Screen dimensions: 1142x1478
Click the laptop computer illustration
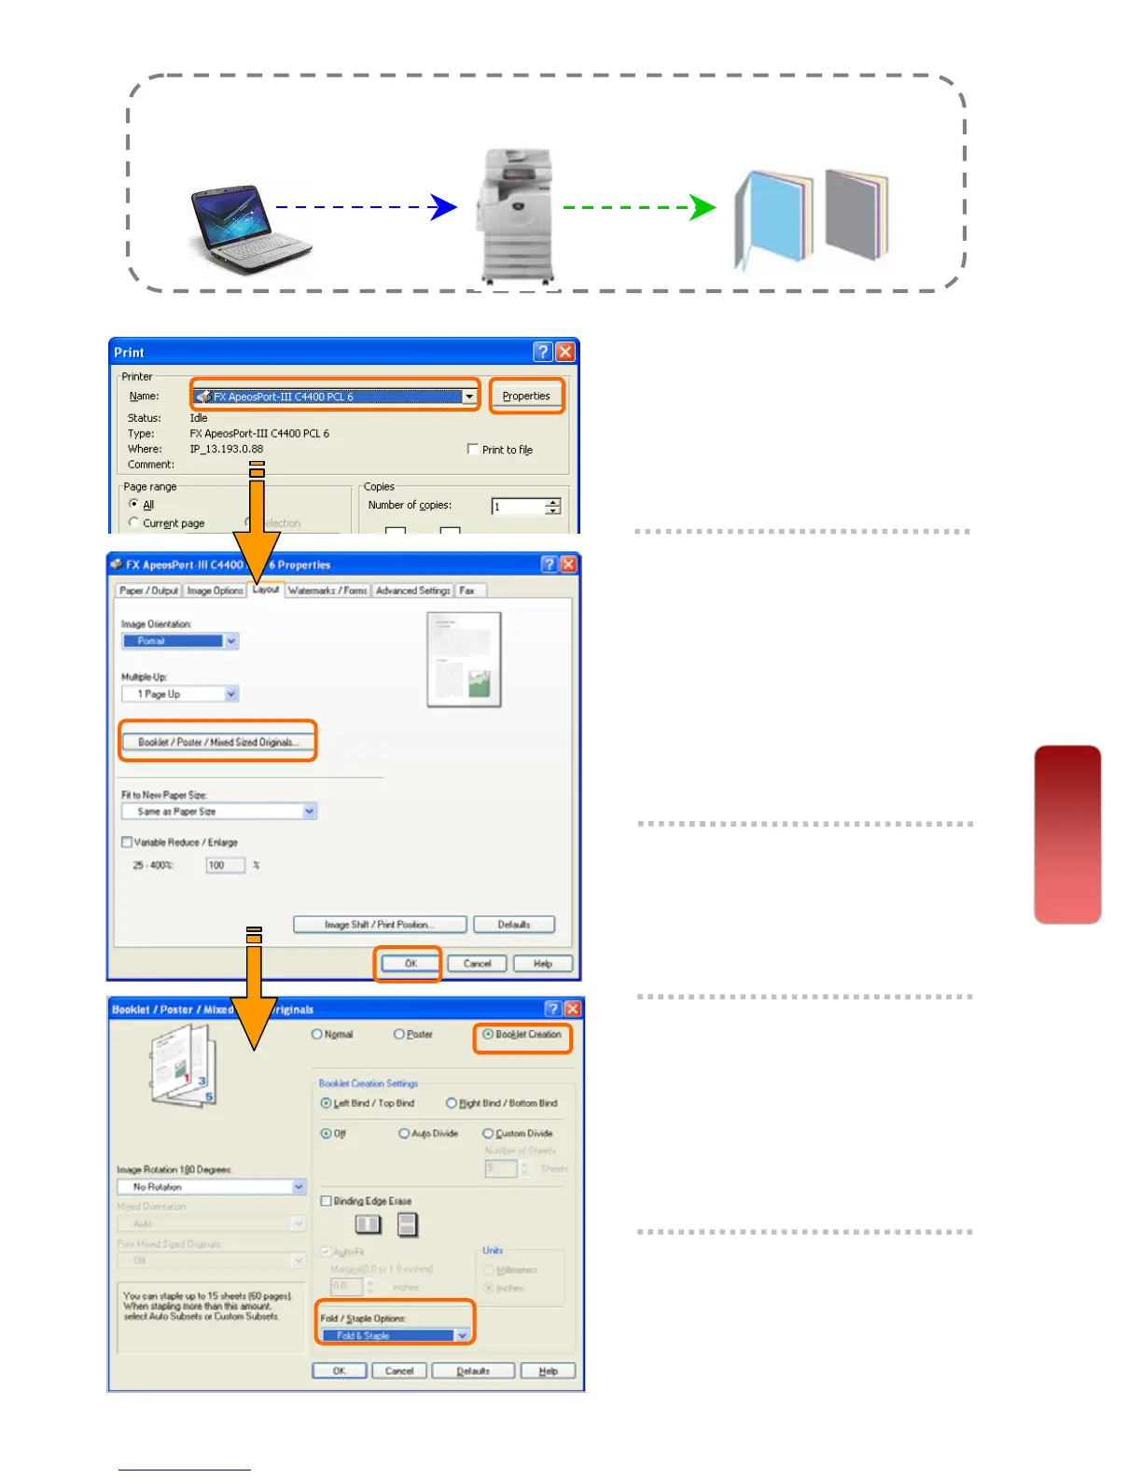click(248, 228)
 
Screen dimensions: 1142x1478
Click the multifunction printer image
click(515, 215)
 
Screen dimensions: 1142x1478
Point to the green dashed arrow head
click(703, 207)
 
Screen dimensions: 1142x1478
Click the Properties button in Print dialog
click(526, 396)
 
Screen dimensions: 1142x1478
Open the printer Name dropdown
click(469, 397)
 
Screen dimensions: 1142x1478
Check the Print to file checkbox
click(473, 449)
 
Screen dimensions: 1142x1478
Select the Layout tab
click(266, 590)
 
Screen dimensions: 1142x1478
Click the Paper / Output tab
click(148, 591)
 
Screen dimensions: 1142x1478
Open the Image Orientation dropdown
click(231, 641)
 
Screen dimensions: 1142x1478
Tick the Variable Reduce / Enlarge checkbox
click(127, 843)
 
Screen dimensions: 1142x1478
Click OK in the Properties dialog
click(410, 964)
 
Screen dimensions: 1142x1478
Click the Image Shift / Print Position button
click(380, 925)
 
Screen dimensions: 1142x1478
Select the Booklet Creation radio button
click(488, 1034)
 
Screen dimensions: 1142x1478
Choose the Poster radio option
click(399, 1034)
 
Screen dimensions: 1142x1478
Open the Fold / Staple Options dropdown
click(461, 1335)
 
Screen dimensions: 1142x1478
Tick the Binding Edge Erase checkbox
click(327, 1201)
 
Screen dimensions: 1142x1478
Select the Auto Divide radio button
click(404, 1134)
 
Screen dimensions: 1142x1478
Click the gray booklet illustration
click(855, 215)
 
